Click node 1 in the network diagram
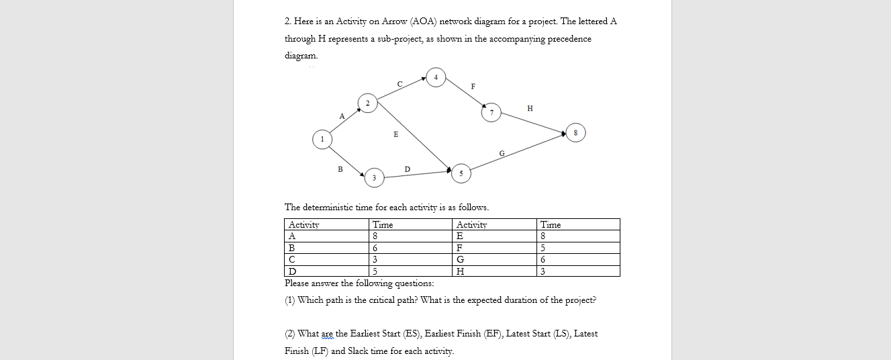point(322,139)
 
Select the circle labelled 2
point(368,103)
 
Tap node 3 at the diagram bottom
point(374,178)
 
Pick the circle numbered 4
point(436,77)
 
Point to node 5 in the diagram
point(461,173)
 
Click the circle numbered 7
point(491,112)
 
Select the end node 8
point(575,132)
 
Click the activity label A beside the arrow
point(341,116)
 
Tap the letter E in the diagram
point(395,135)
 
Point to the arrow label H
point(530,107)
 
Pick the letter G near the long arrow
point(502,154)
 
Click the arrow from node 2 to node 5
point(413,134)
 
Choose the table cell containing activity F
point(495,248)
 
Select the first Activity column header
point(304,224)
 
